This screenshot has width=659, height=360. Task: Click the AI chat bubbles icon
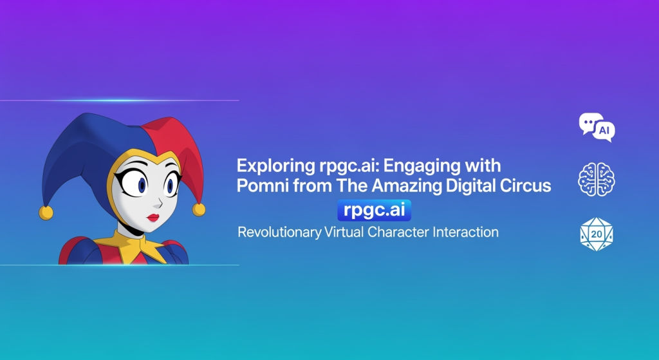click(x=597, y=127)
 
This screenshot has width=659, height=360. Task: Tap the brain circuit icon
click(x=597, y=179)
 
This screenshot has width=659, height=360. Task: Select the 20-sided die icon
click(x=597, y=234)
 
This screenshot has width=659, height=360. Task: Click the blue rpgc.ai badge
click(x=374, y=211)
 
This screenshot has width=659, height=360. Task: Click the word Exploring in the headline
click(x=275, y=166)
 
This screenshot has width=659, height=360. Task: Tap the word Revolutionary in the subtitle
click(x=279, y=232)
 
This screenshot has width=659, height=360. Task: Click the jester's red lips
click(x=153, y=218)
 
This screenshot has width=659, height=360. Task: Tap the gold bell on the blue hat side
click(x=46, y=213)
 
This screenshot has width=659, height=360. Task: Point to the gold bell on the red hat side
click(x=199, y=209)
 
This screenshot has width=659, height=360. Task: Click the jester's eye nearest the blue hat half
click(x=138, y=183)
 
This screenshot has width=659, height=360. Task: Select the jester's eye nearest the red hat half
click(x=171, y=184)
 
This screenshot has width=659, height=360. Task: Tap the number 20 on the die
click(x=597, y=234)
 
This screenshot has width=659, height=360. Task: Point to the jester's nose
click(x=158, y=204)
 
